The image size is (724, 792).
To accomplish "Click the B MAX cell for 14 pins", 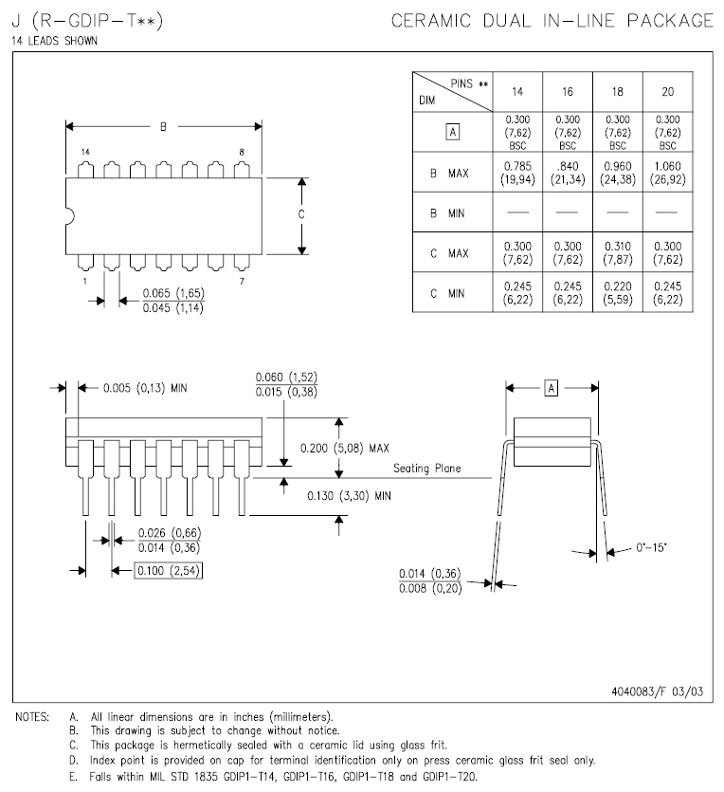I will click(x=517, y=174).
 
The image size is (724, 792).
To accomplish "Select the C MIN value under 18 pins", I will click(x=617, y=293).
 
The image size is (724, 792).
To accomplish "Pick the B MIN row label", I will click(x=447, y=213).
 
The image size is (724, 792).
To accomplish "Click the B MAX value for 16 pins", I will click(x=567, y=174).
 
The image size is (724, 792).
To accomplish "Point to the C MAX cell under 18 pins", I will click(x=617, y=253).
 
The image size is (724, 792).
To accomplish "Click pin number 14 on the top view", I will click(x=85, y=152).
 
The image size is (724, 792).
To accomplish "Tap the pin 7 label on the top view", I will click(x=242, y=281).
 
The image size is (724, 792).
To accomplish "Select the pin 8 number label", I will click(x=242, y=152).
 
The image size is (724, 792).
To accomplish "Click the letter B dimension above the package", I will click(x=163, y=126).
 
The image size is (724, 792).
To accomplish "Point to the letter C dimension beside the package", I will click(x=301, y=215).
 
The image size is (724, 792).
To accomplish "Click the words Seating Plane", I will click(x=427, y=470).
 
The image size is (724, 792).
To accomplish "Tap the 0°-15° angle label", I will click(x=652, y=548).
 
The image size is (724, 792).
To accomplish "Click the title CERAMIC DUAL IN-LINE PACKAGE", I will click(x=552, y=20).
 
